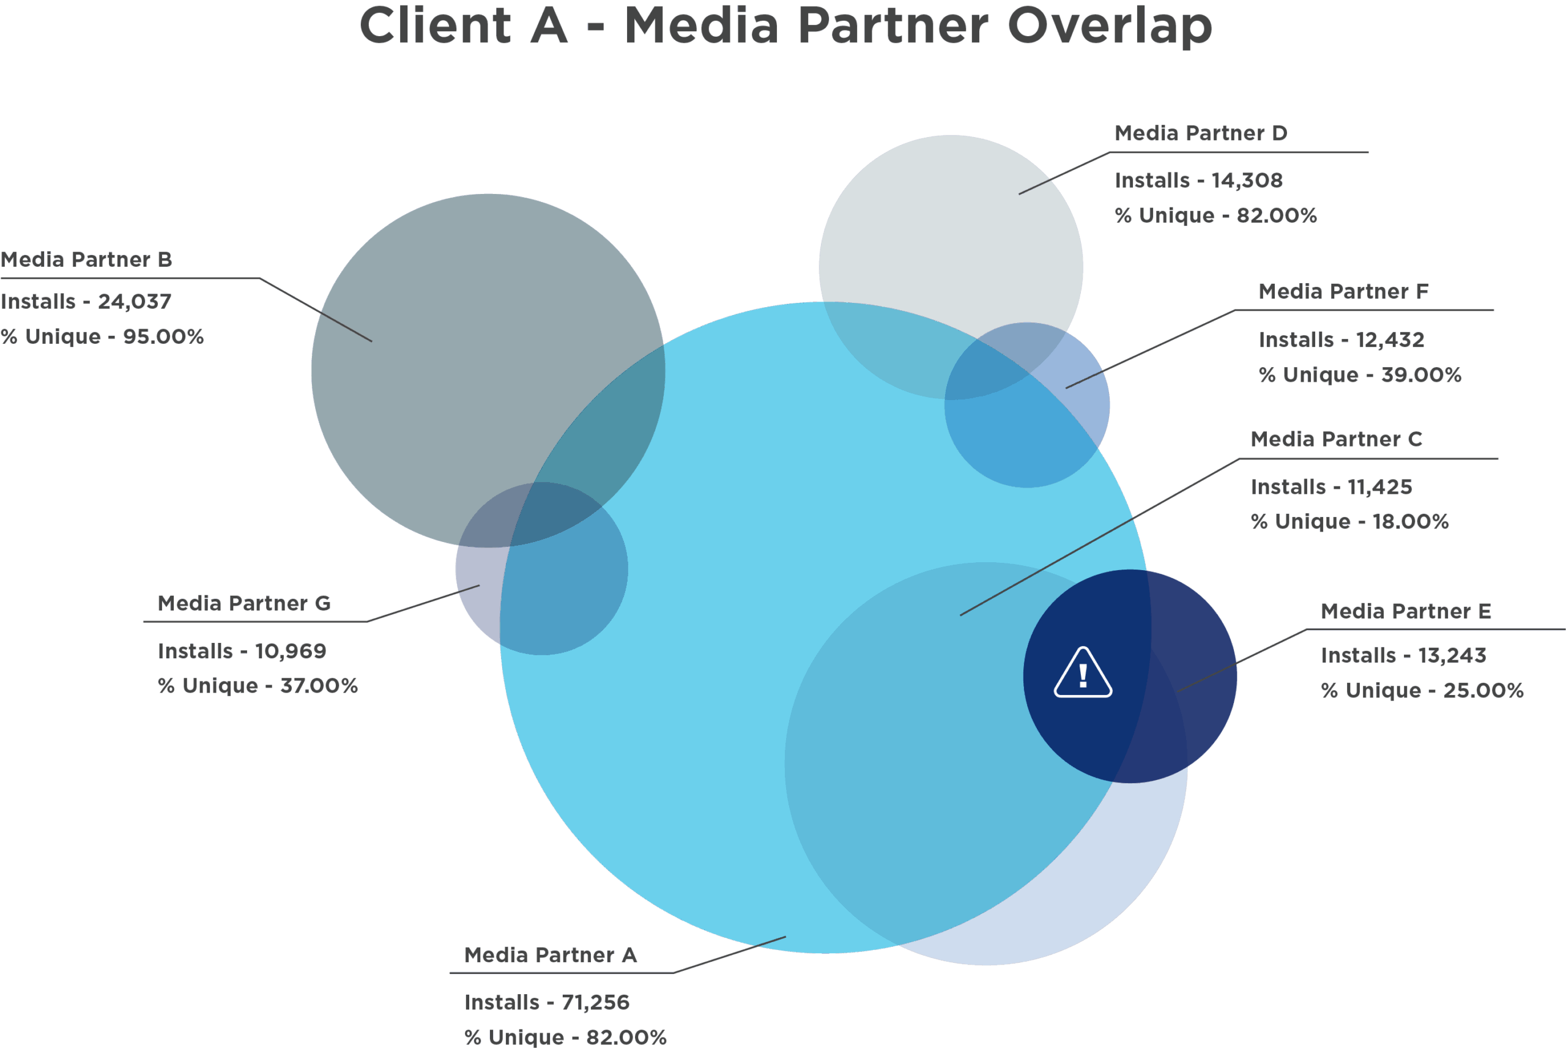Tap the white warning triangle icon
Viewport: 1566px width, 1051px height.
pyautogui.click(x=1083, y=672)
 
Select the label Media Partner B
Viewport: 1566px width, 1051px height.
pyautogui.click(x=86, y=259)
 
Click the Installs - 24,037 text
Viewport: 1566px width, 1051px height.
pyautogui.click(x=86, y=302)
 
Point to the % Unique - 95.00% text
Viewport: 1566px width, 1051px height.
pyautogui.click(x=102, y=336)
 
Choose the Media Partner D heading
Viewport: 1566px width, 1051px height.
pyautogui.click(x=1201, y=133)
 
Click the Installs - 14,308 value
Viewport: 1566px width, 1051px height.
pyautogui.click(x=1199, y=180)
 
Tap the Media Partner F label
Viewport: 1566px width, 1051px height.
pyautogui.click(x=1343, y=292)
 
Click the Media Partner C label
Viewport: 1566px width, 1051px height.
pyautogui.click(x=1336, y=439)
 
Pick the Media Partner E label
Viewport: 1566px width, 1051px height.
pyautogui.click(x=1406, y=611)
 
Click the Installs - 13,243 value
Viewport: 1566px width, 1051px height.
pyautogui.click(x=1403, y=656)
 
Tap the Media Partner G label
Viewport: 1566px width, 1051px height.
pyautogui.click(x=244, y=603)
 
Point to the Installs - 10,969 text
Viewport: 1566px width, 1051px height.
pyautogui.click(x=242, y=652)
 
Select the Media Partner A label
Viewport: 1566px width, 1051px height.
pyautogui.click(x=550, y=955)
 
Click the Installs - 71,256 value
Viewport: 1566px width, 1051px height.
pyautogui.click(x=547, y=1003)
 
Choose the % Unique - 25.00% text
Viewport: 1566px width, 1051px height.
pyautogui.click(x=1422, y=691)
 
